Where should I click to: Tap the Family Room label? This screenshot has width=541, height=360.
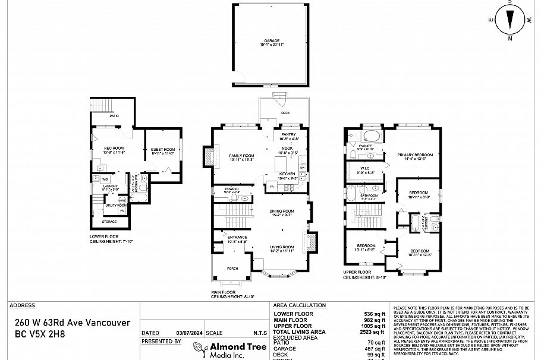tap(241, 156)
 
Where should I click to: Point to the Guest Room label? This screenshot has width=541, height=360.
tap(162, 150)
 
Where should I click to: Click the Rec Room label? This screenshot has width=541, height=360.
tap(114, 148)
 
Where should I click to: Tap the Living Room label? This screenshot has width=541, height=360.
tap(282, 247)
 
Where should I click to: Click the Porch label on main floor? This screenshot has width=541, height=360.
tap(232, 269)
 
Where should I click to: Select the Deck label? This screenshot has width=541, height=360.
tap(285, 113)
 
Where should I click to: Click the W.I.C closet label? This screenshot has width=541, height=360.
tap(364, 169)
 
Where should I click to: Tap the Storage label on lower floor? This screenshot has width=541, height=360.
tap(109, 222)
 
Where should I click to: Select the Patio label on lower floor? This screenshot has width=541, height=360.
tap(114, 116)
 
